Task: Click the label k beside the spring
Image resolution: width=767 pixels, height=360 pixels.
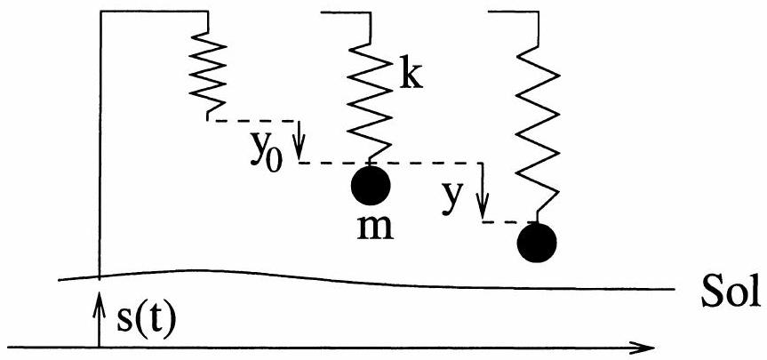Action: coord(410,77)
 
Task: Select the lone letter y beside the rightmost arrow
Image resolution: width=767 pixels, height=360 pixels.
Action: coord(454,196)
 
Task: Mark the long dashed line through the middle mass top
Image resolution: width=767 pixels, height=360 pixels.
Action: coord(418,163)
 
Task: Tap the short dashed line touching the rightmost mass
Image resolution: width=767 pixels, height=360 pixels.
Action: coord(510,221)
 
